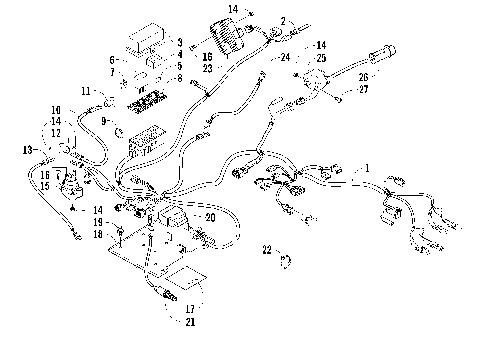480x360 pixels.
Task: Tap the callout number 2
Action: point(282,21)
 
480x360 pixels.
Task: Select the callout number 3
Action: point(178,43)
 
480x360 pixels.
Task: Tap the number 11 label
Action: point(86,92)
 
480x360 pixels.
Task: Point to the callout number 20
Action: point(209,217)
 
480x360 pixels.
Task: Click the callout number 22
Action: point(266,249)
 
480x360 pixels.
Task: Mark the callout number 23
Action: point(207,68)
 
